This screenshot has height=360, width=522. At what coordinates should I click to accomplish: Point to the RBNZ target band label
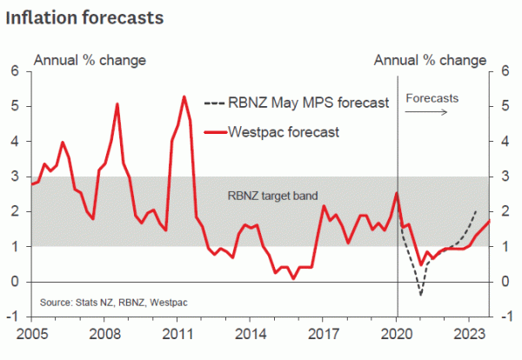pyautogui.click(x=267, y=197)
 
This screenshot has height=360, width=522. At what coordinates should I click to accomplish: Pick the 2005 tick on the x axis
pyautogui.click(x=32, y=333)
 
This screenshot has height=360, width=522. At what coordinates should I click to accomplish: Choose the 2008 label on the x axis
pyautogui.click(x=105, y=333)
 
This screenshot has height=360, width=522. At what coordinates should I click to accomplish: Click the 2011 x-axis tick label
pyautogui.click(x=178, y=333)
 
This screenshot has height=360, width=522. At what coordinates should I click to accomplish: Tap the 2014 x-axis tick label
pyautogui.click(x=251, y=333)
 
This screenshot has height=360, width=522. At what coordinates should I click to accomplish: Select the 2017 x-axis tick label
pyautogui.click(x=325, y=333)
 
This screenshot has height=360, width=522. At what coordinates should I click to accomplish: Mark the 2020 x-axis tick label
pyautogui.click(x=398, y=333)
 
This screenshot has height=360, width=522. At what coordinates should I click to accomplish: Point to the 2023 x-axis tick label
pyautogui.click(x=471, y=333)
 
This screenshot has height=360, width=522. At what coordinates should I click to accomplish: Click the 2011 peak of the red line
pyautogui.click(x=184, y=97)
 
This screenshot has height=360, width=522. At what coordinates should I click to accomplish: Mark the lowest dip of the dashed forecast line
pyautogui.click(x=421, y=294)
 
